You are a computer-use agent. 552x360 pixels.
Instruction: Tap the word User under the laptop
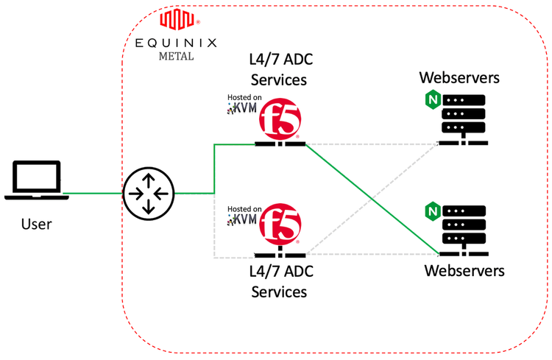[x=35, y=223]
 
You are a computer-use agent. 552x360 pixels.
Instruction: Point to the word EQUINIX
[x=177, y=43]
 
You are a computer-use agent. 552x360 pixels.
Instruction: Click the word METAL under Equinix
[x=177, y=56]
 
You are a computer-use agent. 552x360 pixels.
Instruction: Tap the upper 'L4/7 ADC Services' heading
[x=279, y=71]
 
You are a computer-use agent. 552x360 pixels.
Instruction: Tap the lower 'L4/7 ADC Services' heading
[x=279, y=281]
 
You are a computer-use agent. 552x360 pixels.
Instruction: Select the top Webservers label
[x=459, y=77]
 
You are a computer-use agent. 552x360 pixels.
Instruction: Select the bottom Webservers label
[x=464, y=271]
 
